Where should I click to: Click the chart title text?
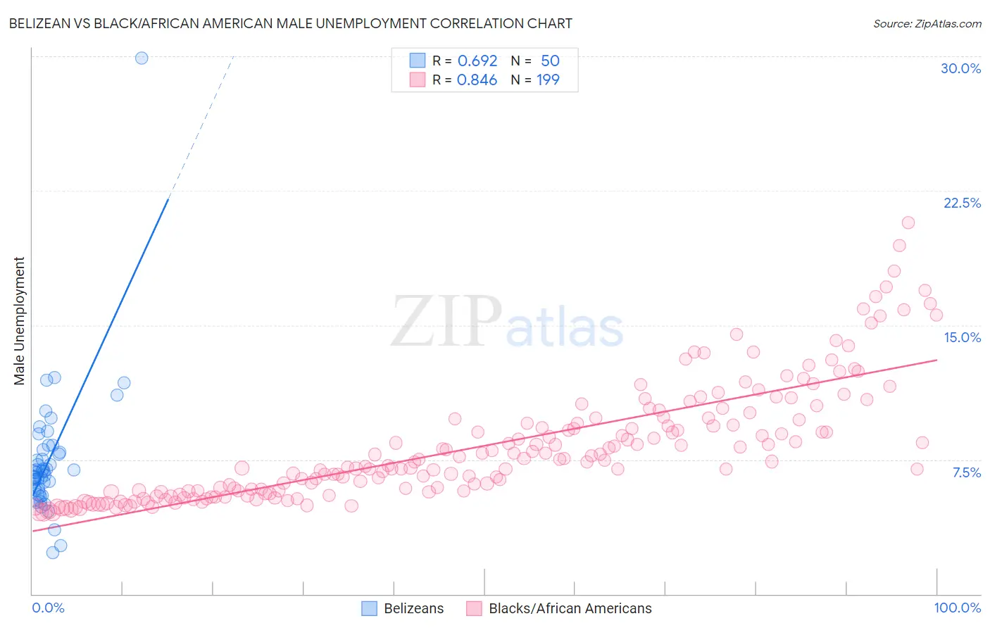point(290,23)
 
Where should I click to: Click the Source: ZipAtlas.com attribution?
point(927,23)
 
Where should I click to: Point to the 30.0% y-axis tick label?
point(960,68)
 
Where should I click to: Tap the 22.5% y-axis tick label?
point(962,203)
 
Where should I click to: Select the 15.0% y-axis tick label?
point(962,337)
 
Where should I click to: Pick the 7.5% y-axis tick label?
point(966,472)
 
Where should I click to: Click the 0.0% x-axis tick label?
point(48,608)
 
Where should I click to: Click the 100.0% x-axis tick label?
point(957,608)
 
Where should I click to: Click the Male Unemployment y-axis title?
point(19,321)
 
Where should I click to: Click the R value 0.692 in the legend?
point(477,61)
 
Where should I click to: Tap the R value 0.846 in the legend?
point(477,80)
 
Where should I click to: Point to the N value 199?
point(548,80)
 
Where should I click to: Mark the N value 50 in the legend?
point(550,61)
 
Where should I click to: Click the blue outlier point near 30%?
point(142,58)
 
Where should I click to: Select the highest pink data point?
point(908,222)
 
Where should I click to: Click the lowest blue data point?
point(53,553)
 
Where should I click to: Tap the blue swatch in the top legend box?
point(418,61)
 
